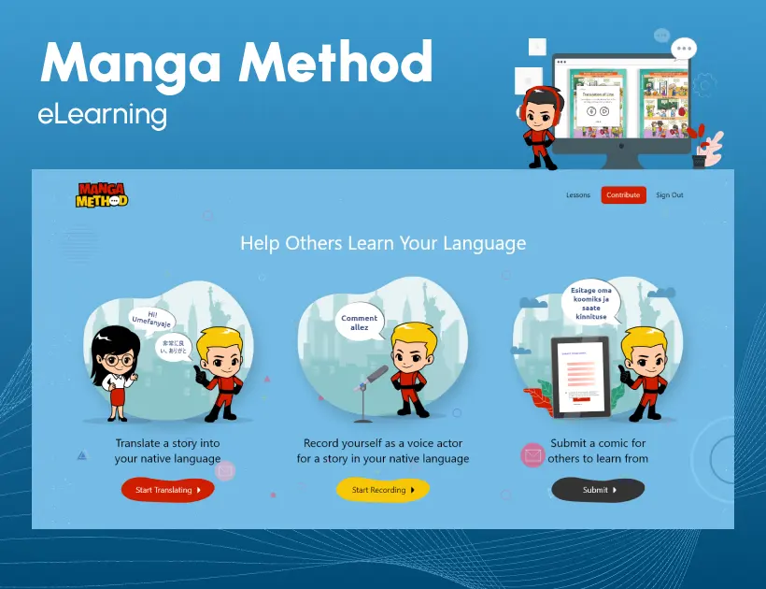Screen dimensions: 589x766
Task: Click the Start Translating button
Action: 168,490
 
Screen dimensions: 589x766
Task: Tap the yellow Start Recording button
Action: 382,490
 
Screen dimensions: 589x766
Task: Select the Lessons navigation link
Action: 578,195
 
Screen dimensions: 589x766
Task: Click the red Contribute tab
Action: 623,195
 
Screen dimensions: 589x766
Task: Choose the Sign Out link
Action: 669,195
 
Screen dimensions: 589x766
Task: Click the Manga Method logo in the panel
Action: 103,194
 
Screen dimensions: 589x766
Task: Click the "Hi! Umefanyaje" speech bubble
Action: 150,319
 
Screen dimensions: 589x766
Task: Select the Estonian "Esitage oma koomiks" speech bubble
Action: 590,303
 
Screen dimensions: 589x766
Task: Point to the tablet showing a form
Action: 580,377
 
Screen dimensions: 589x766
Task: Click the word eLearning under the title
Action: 103,115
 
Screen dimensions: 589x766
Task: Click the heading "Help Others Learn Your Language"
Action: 383,244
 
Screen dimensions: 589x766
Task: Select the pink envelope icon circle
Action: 532,455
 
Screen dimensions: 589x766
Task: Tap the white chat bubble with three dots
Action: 685,48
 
